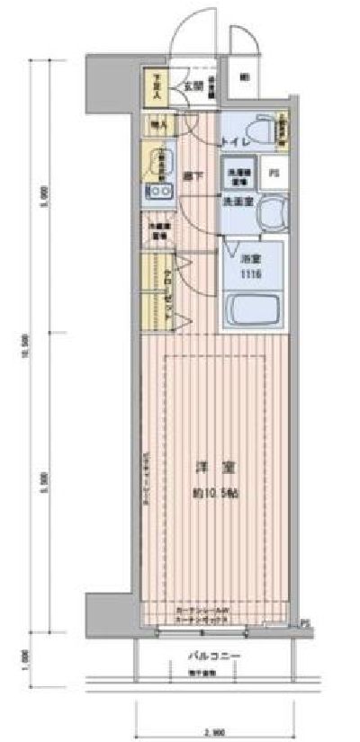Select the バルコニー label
click(213, 657)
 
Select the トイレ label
click(229, 141)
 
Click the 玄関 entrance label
click(192, 86)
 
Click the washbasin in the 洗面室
click(270, 213)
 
